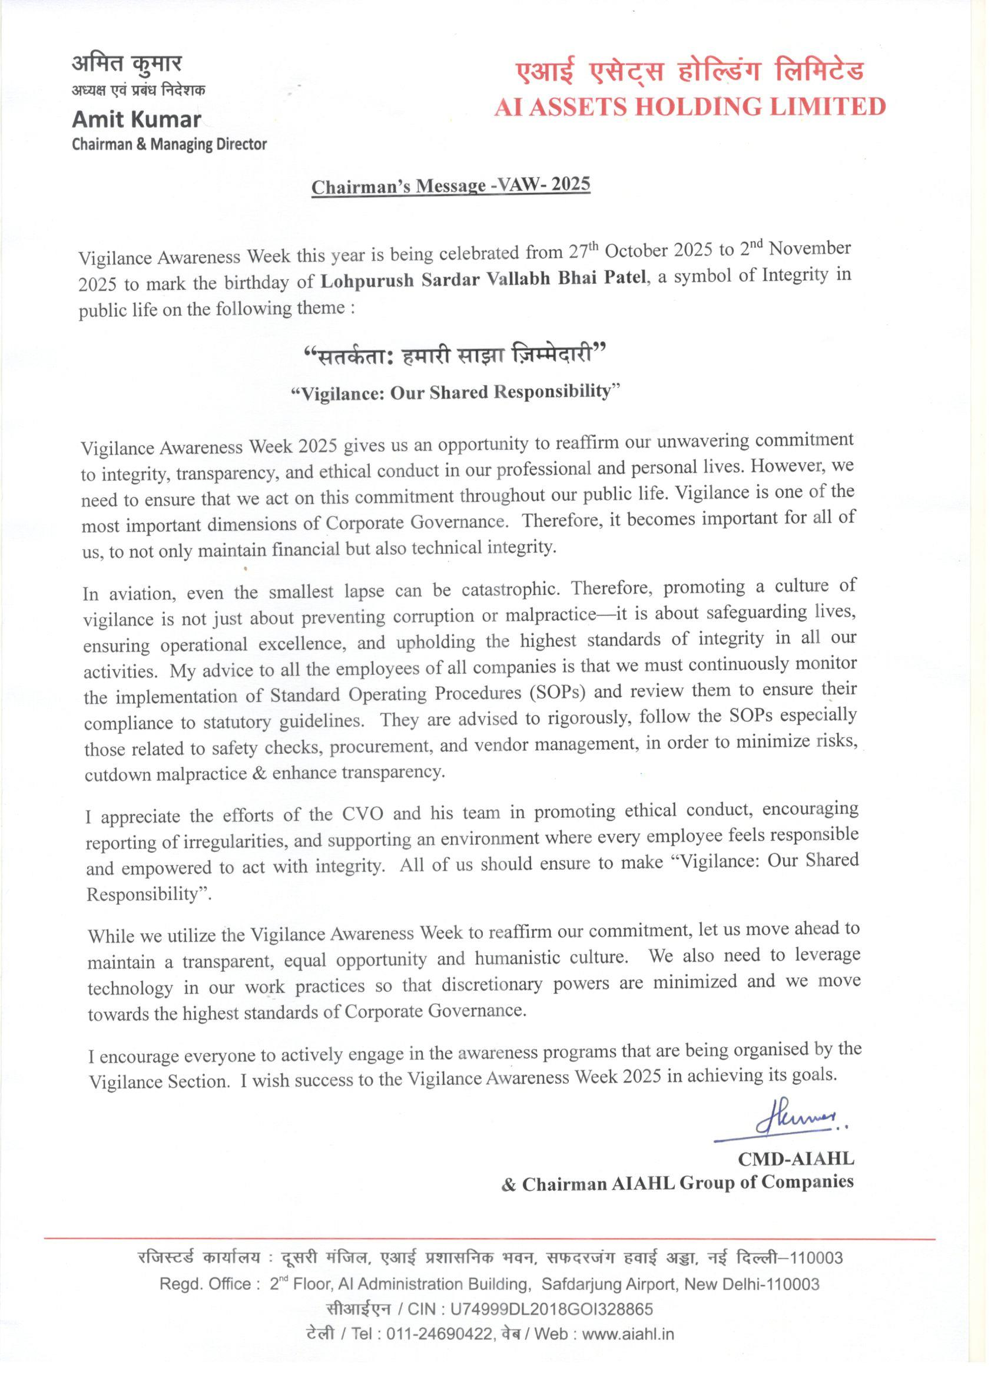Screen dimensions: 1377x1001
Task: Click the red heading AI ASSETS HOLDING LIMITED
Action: [x=689, y=107]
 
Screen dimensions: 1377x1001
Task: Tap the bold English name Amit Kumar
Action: [x=137, y=120]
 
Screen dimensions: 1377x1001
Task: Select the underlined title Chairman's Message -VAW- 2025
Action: [x=450, y=185]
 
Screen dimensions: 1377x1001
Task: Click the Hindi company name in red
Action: [x=689, y=73]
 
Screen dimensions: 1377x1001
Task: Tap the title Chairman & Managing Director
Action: [x=170, y=144]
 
